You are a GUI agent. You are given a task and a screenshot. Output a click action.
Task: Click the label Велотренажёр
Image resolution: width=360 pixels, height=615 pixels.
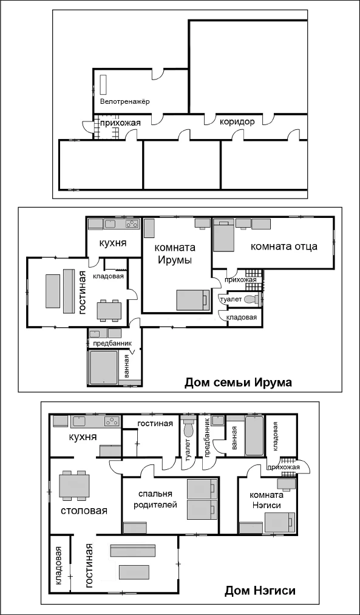pyautogui.click(x=124, y=101)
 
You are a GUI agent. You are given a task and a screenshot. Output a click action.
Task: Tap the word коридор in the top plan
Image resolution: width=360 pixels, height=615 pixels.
pyautogui.click(x=237, y=121)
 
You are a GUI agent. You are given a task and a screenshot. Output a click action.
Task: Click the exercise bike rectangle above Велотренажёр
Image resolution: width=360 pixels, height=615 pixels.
pyautogui.click(x=104, y=84)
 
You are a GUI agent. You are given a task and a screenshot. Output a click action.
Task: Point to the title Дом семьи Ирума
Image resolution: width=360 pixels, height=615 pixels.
pyautogui.click(x=238, y=382)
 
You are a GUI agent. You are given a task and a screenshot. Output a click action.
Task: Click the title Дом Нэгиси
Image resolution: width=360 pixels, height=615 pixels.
pyautogui.click(x=260, y=591)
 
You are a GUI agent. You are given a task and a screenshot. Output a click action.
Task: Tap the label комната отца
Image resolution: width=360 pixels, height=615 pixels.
pyautogui.click(x=284, y=246)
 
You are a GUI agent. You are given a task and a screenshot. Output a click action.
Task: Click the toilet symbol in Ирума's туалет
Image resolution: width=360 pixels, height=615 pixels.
pyautogui.click(x=252, y=300)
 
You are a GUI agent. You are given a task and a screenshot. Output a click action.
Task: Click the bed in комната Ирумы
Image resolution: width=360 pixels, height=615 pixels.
pyautogui.click(x=192, y=300)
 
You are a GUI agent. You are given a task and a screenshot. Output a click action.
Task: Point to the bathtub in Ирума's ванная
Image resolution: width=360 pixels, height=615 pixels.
pyautogui.click(x=103, y=367)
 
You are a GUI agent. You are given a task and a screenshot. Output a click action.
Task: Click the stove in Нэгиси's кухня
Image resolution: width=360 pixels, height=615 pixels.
pyautogui.click(x=112, y=421)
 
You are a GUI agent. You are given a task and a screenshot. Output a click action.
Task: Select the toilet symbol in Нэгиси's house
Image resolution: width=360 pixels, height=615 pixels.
pyautogui.click(x=188, y=429)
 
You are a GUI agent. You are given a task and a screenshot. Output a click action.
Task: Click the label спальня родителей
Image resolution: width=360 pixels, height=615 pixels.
pyautogui.click(x=155, y=499)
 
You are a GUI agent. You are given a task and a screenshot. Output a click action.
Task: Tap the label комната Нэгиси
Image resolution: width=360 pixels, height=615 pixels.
pyautogui.click(x=266, y=500)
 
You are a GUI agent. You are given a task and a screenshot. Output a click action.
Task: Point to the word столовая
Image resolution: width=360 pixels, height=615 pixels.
pyautogui.click(x=84, y=511)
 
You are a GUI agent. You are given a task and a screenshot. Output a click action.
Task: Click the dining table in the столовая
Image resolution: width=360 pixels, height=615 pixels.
pyautogui.click(x=74, y=486)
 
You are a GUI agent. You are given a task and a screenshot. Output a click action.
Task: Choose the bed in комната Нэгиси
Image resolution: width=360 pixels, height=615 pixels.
pyautogui.click(x=279, y=523)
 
